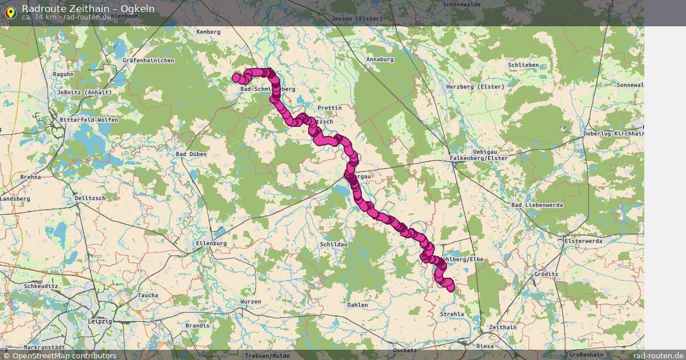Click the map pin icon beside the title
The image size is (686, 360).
tap(10, 11)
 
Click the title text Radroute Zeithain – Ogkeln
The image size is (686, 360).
tap(88, 8)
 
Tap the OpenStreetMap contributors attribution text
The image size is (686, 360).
tap(64, 355)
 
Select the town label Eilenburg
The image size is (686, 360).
tap(211, 243)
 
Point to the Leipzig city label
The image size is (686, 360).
tap(100, 322)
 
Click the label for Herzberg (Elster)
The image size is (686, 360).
tap(475, 87)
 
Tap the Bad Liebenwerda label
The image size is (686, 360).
tap(537, 205)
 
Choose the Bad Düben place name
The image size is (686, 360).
tap(191, 154)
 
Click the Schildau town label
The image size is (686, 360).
tap(334, 244)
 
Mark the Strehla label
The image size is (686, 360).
tap(452, 314)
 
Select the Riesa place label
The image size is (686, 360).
tap(485, 346)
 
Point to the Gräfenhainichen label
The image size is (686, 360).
tap(148, 60)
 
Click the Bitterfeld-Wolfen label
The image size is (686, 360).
tap(89, 120)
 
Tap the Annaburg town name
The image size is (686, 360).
tap(380, 59)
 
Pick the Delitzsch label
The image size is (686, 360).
tap(90, 198)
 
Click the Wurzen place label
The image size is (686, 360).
tap(251, 302)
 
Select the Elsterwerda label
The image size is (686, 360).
tap(583, 241)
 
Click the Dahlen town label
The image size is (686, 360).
tap(358, 305)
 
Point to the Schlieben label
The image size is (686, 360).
tap(523, 65)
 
